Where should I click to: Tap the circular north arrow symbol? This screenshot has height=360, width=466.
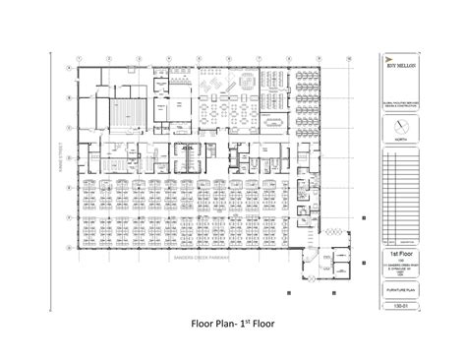tap(398, 127)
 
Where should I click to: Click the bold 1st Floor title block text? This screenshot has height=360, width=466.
tap(398, 254)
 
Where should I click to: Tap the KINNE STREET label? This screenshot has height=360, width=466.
tap(61, 157)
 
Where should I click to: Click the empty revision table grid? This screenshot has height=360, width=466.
tap(398, 197)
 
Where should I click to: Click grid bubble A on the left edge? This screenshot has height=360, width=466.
tap(68, 68)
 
